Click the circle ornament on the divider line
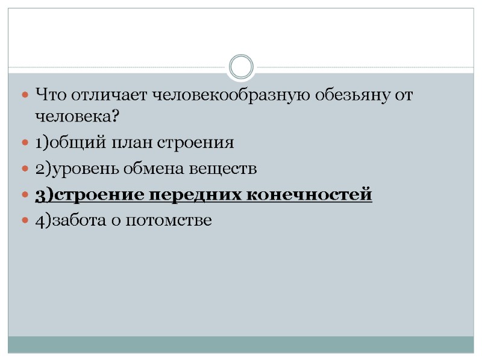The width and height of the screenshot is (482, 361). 242,66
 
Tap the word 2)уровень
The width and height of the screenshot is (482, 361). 78,170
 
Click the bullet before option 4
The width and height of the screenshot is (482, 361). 25,221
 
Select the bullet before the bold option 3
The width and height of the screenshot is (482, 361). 25,196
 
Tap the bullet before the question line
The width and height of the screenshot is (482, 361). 25,95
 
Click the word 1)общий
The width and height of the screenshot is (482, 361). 67,143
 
